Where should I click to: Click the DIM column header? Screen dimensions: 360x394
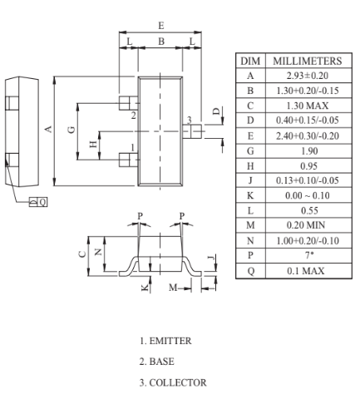[250, 61]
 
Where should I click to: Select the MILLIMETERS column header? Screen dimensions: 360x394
[308, 61]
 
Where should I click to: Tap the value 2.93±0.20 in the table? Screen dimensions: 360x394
[308, 76]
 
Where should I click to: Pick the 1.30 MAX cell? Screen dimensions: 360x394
[308, 106]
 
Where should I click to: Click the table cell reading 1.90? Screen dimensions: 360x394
[309, 151]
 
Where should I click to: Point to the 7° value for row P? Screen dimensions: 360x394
[309, 255]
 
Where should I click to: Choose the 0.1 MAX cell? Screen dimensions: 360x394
[306, 271]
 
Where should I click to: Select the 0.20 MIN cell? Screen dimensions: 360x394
[306, 225]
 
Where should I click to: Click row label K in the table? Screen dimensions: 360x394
[250, 195]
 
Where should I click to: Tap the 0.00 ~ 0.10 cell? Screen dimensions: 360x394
[308, 195]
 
